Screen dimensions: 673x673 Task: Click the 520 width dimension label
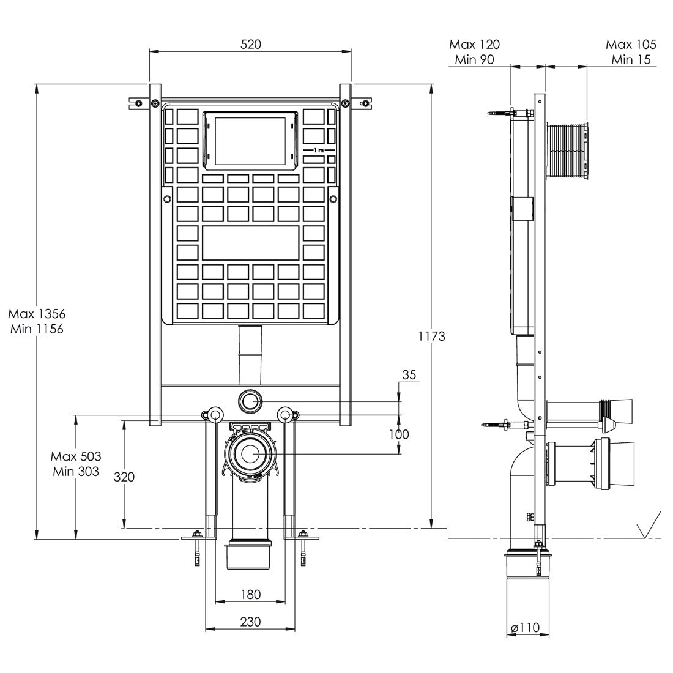[251, 44]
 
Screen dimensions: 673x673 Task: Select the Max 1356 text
[37, 314]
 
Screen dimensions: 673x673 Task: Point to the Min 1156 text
[37, 329]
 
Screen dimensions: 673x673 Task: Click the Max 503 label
[76, 456]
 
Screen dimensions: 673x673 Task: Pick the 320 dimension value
[124, 477]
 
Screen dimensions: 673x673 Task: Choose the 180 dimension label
[250, 594]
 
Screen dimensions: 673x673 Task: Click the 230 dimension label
[250, 622]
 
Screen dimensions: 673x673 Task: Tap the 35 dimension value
[409, 375]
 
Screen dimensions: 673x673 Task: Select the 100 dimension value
[399, 434]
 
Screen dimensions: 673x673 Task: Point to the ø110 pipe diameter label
[526, 627]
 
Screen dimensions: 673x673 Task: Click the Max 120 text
[474, 45]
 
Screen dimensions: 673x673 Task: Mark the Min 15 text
[631, 59]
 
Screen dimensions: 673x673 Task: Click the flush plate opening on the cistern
[250, 139]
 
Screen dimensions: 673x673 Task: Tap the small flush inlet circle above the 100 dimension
[250, 401]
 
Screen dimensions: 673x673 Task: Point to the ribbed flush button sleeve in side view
[567, 151]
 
